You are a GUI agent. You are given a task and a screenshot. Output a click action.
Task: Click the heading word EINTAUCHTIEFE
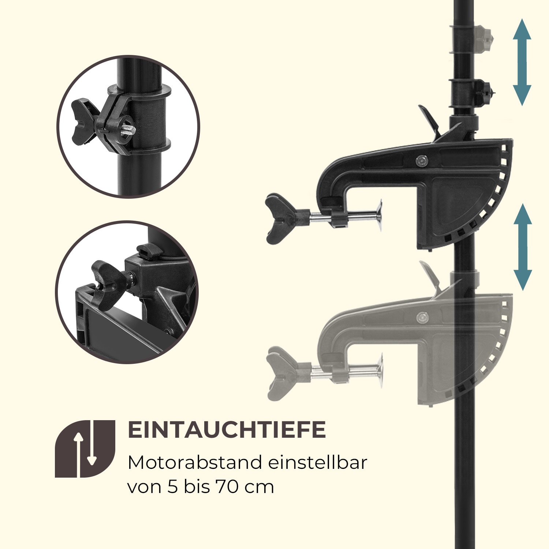227,430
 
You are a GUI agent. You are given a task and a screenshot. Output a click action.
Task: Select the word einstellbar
317,463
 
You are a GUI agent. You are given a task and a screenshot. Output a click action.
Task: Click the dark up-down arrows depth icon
85,449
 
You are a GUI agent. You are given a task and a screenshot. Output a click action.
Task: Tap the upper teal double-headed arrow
522,63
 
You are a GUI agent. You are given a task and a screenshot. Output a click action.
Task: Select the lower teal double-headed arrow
522,247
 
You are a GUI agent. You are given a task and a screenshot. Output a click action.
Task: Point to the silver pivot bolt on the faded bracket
423,317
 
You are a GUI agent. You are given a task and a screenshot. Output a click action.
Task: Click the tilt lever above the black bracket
429,119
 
